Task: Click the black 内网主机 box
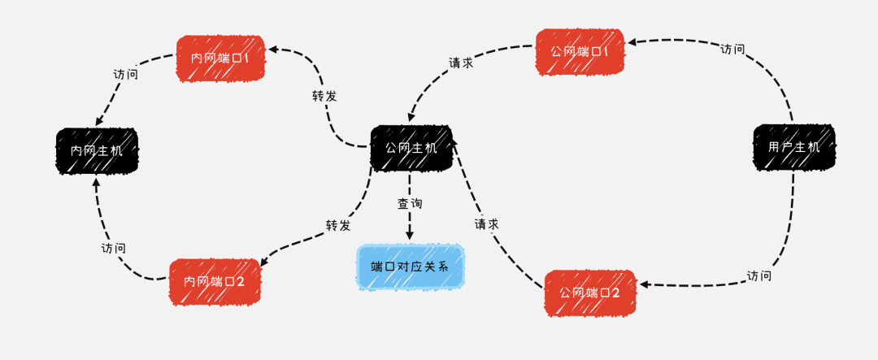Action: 97,150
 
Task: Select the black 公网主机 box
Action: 411,148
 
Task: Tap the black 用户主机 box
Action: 793,147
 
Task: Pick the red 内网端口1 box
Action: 220,58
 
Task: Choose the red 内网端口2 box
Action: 215,281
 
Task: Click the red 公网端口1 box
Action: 580,52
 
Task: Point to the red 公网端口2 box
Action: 589,293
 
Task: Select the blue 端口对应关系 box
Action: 411,266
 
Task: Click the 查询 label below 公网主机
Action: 410,204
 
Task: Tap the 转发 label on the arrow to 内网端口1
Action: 324,96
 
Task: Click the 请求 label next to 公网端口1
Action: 461,63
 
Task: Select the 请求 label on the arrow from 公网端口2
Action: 486,223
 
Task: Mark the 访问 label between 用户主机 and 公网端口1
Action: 732,49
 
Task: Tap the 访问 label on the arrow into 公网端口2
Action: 758,276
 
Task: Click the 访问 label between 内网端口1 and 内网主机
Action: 125,74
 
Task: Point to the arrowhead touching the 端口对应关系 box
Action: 410,235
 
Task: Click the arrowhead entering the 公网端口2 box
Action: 642,284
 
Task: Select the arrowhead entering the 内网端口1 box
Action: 273,50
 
